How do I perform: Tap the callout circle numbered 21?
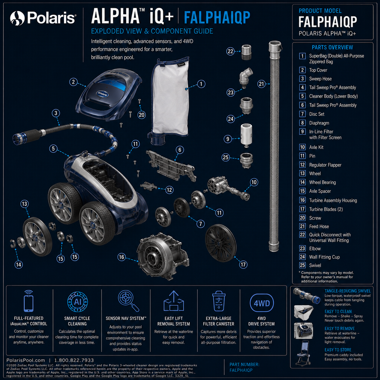click(x=261, y=84)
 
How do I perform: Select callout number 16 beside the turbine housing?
click(x=122, y=257)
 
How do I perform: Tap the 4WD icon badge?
click(x=262, y=303)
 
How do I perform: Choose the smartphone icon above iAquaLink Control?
click(x=28, y=301)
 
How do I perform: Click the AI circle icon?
click(x=78, y=302)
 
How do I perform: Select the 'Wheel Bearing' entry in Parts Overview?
click(x=322, y=182)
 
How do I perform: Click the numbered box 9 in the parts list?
click(x=302, y=132)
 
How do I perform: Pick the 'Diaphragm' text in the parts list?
click(x=319, y=123)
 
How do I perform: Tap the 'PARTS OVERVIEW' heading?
click(x=332, y=47)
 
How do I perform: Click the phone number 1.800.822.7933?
click(x=74, y=360)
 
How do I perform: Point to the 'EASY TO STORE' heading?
click(x=338, y=350)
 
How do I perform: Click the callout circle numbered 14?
click(x=18, y=265)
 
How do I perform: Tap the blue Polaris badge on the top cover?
click(x=102, y=94)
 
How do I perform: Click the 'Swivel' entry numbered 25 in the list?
click(x=315, y=265)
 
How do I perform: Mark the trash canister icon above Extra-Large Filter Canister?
click(x=219, y=301)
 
